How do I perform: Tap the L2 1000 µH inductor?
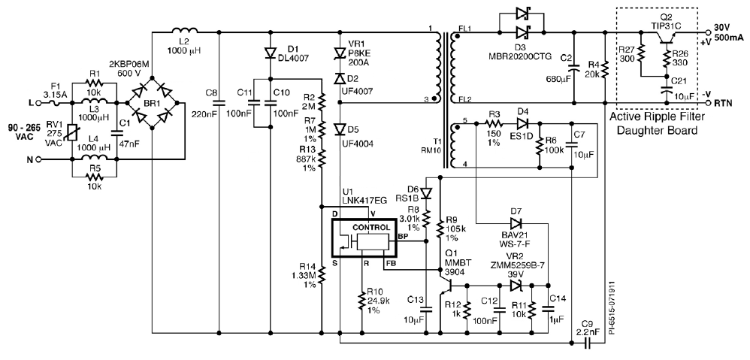click(x=186, y=32)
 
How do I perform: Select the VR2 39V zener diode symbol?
click(x=516, y=286)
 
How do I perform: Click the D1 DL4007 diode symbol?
click(x=270, y=53)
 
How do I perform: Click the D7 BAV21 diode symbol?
click(x=516, y=223)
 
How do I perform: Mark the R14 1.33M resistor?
click(x=322, y=277)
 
